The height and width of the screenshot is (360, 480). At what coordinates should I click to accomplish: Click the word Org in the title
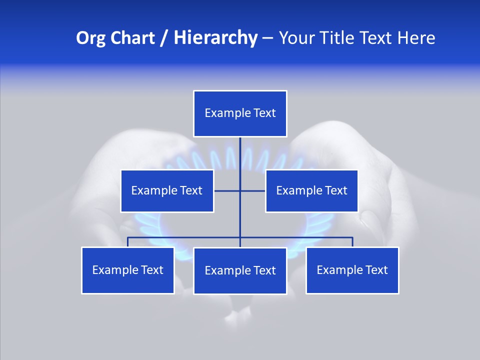point(90,38)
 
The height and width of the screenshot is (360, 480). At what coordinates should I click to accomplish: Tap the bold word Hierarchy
point(215,38)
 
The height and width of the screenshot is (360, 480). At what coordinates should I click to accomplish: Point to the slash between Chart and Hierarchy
point(164,38)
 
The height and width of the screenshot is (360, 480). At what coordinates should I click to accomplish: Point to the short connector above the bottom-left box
point(128,242)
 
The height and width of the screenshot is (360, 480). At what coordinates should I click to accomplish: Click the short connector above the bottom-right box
point(352,242)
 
